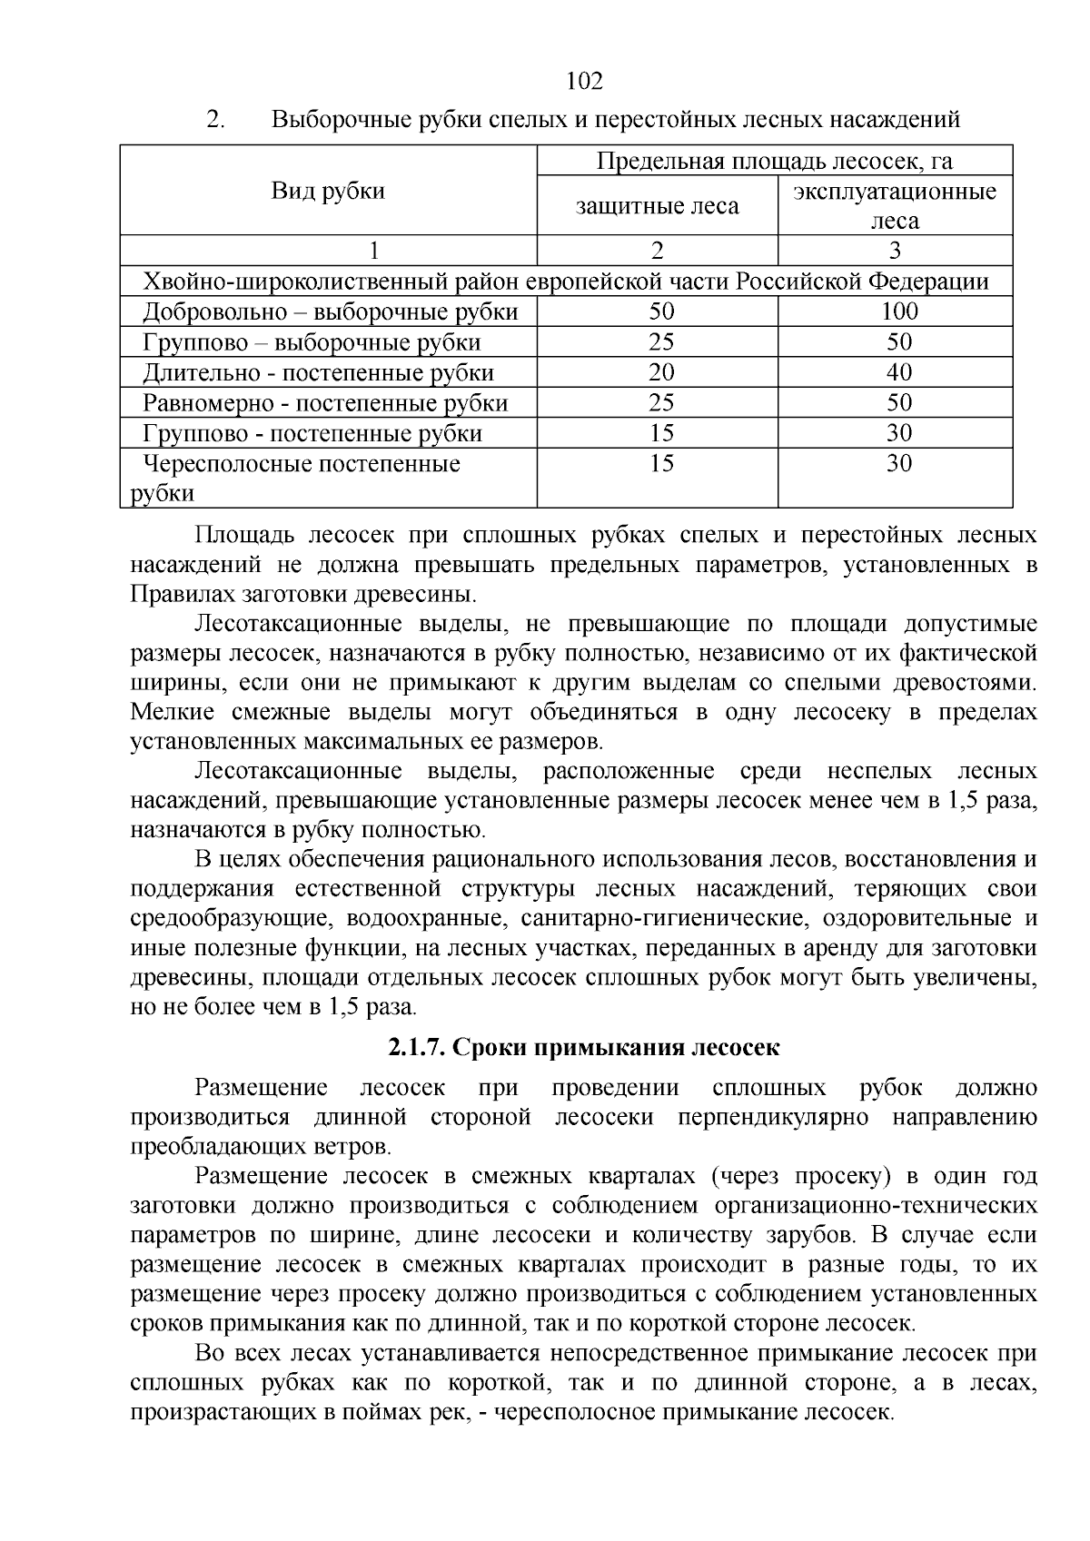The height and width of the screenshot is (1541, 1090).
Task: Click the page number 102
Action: (x=584, y=82)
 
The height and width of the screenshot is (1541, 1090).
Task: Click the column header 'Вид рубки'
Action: (x=329, y=191)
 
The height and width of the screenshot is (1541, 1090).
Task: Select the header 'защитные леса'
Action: (x=658, y=206)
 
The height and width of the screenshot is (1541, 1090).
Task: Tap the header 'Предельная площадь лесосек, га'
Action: (x=774, y=161)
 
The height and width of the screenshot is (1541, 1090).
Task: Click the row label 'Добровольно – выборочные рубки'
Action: (x=331, y=312)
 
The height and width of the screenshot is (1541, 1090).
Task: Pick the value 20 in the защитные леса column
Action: (x=661, y=372)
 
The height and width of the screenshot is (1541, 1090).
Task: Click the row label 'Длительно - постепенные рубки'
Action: (x=319, y=373)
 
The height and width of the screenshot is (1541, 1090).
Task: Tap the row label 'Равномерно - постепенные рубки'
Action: (x=326, y=403)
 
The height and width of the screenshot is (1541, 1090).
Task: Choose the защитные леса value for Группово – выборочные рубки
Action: (x=661, y=342)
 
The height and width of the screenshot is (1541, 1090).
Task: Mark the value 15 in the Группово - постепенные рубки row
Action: (x=661, y=433)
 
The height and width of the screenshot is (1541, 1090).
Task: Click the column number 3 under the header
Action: (x=895, y=251)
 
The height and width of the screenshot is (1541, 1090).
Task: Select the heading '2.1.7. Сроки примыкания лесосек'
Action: (x=584, y=1047)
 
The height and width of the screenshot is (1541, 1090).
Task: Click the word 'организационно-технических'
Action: (x=876, y=1205)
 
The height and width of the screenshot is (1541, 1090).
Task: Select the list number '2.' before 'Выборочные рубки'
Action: (x=216, y=119)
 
